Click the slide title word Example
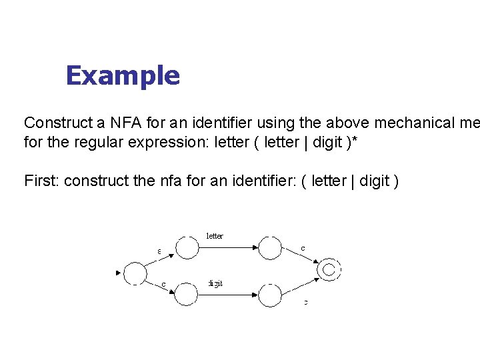pyautogui.click(x=123, y=76)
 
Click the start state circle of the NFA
pyautogui.click(x=135, y=273)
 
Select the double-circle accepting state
pyautogui.click(x=329, y=269)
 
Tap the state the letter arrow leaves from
pyautogui.click(x=186, y=247)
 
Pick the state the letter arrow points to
pyautogui.click(x=269, y=247)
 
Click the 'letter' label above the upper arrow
pyautogui.click(x=215, y=236)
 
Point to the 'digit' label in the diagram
pyautogui.click(x=215, y=283)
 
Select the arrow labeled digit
pyautogui.click(x=227, y=294)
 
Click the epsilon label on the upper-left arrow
pyautogui.click(x=159, y=251)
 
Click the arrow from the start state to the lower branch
pyautogui.click(x=161, y=285)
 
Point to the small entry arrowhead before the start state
pyautogui.click(x=119, y=272)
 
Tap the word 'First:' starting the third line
pyautogui.click(x=41, y=181)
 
